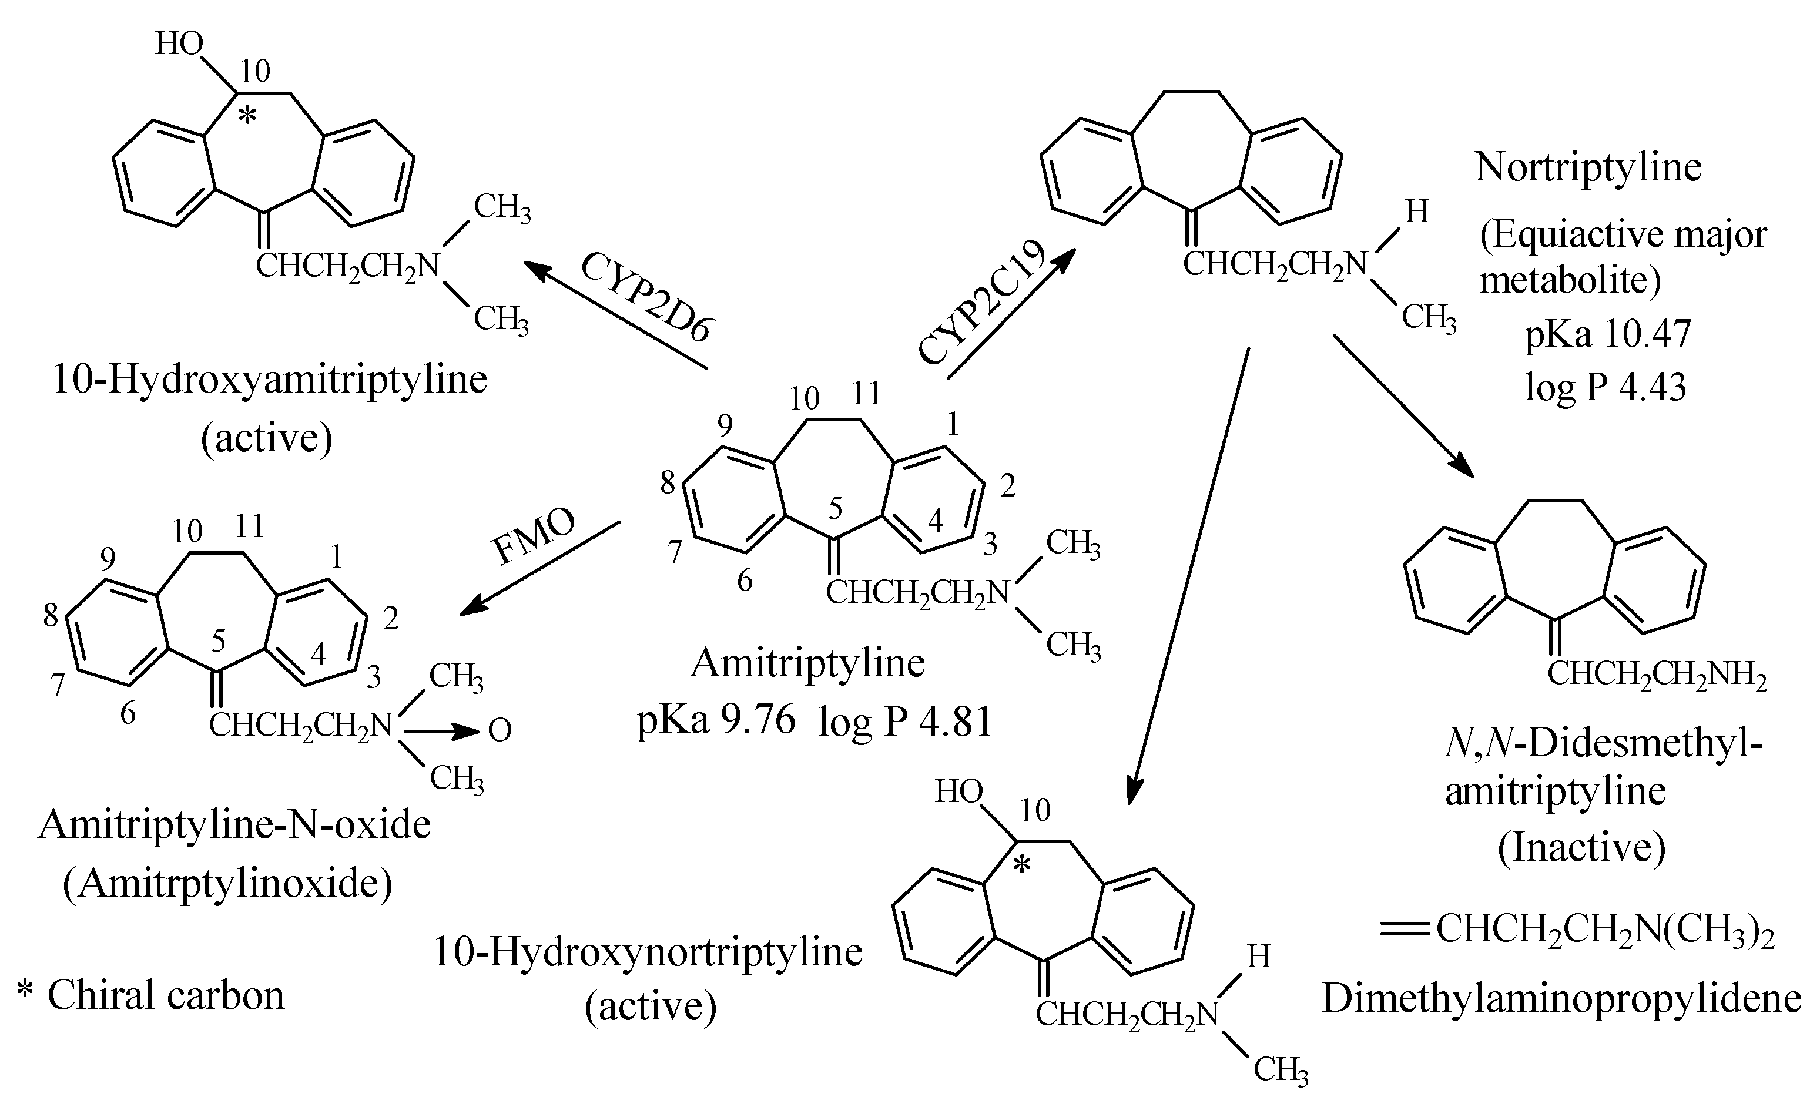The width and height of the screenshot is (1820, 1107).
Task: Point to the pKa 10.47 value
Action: [x=1607, y=334]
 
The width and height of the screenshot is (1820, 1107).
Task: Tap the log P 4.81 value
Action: [x=905, y=722]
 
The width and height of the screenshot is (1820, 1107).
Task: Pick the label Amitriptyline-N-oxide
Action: [x=235, y=824]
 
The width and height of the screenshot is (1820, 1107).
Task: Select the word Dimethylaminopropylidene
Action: [x=1561, y=998]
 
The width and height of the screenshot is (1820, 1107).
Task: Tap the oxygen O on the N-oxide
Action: [x=500, y=731]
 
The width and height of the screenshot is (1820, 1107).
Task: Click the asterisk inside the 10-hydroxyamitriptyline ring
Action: [x=248, y=116]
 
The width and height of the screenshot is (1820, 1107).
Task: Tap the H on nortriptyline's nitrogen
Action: [x=1416, y=212]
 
